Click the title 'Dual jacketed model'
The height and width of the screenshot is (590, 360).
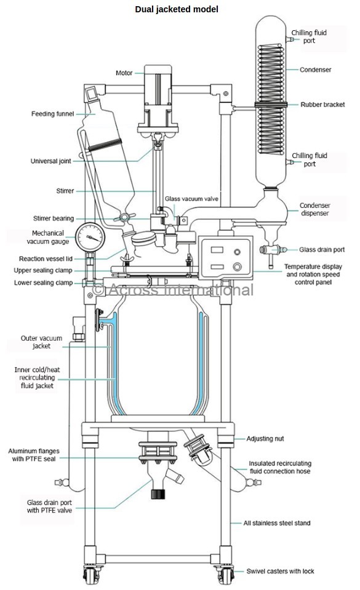pos(176,9)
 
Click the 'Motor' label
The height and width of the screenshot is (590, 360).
pos(124,73)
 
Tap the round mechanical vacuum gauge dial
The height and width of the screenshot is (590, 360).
pos(90,237)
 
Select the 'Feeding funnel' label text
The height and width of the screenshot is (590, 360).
pos(52,114)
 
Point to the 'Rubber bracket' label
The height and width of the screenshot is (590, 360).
pos(322,105)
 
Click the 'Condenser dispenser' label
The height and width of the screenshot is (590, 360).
pos(315,209)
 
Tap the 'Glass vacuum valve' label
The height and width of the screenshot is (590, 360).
pos(191,199)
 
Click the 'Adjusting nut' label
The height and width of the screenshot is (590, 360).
pos(265,439)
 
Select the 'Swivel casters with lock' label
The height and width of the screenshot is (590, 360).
pos(280,571)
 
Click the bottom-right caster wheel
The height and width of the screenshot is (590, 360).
pos(225,576)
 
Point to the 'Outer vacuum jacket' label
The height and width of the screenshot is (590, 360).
pos(41,342)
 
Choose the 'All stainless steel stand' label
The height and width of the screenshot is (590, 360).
pos(277,523)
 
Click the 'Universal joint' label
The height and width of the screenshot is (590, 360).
pos(51,161)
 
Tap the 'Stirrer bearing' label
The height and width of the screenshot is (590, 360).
pos(54,218)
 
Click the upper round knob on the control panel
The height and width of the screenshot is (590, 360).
pos(237,252)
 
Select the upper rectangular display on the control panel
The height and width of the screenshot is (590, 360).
pos(217,249)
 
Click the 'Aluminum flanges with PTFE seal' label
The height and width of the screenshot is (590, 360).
pos(33,455)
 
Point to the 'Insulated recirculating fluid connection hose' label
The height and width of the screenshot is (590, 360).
pos(280,468)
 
